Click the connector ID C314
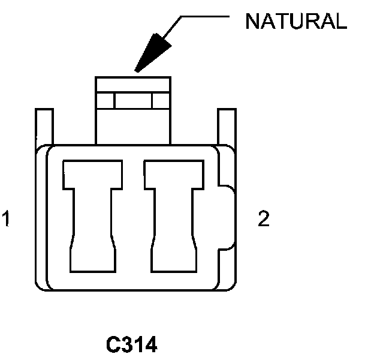pyautogui.click(x=131, y=346)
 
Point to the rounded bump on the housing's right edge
pyautogui.click(x=227, y=217)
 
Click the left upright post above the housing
pyautogui.click(x=44, y=125)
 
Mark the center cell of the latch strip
pyautogui.click(x=133, y=101)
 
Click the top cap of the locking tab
pyautogui.click(x=133, y=84)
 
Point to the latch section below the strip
pyautogui.click(x=133, y=127)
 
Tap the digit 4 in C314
pyautogui.click(x=150, y=346)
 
